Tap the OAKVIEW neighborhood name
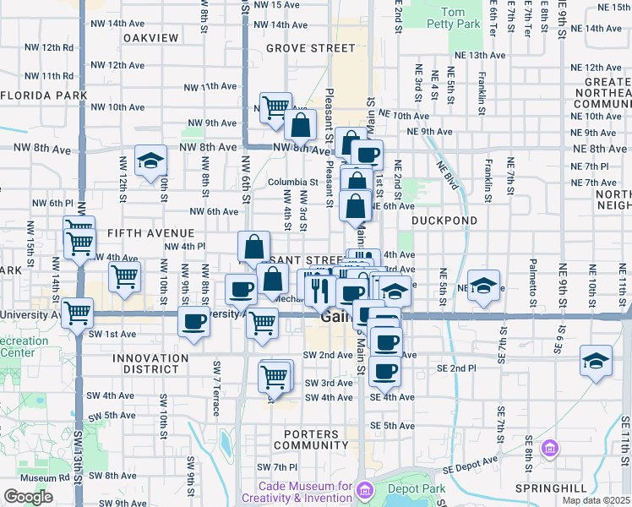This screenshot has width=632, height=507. pos(151,38)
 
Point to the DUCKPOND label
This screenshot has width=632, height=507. pos(444,220)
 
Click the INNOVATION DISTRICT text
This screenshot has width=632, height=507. pos(150,364)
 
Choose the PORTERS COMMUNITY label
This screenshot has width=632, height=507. pos(311,439)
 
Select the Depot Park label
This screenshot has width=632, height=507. pos(415,488)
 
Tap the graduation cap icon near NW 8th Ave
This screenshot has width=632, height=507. pos(150,161)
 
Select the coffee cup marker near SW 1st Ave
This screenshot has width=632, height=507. pos(194,322)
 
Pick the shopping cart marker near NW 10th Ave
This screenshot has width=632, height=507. pos(276,108)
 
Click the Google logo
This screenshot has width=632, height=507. pos(29,496)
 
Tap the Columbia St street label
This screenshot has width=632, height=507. pos(292,182)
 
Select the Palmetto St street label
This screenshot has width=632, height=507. pos(533,283)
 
